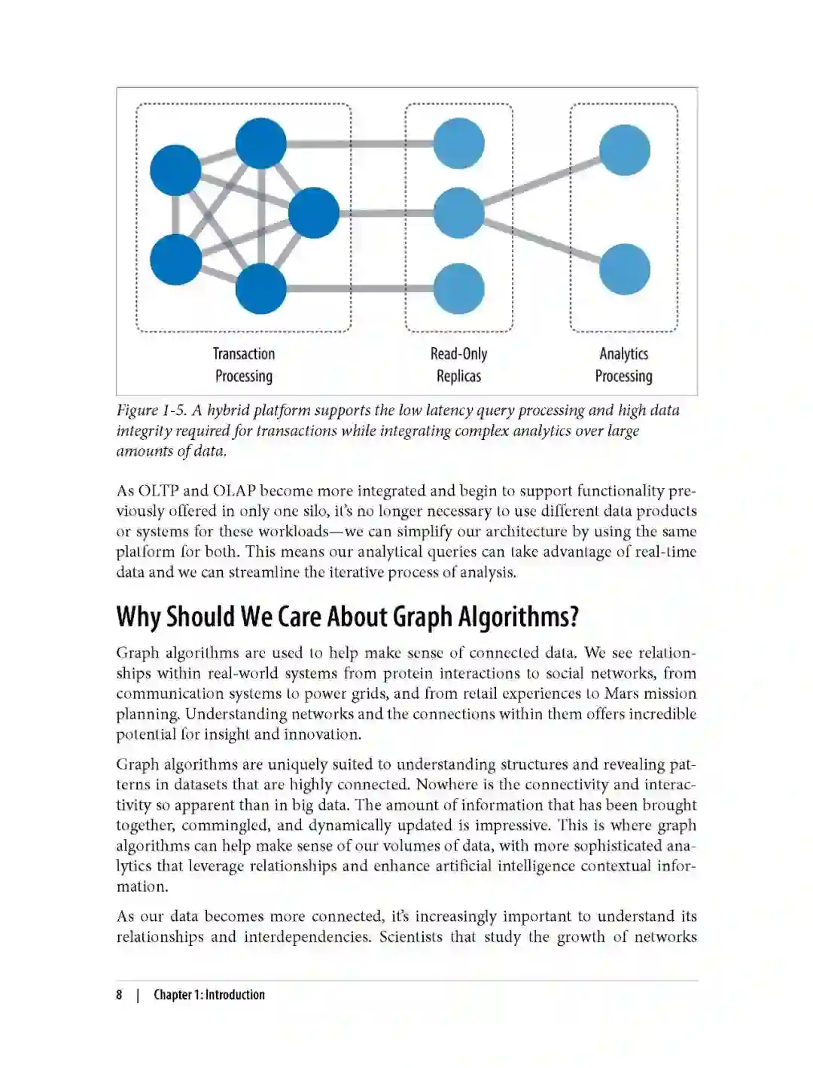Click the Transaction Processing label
(x=243, y=365)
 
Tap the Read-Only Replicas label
(x=458, y=365)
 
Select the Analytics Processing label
(x=623, y=365)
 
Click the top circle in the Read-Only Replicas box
(x=458, y=144)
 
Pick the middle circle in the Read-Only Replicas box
(x=458, y=213)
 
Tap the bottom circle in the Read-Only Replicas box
(x=458, y=288)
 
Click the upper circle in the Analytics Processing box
(x=624, y=151)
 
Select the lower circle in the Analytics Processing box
(x=624, y=269)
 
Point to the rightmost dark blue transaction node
(x=314, y=213)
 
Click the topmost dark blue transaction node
(x=261, y=143)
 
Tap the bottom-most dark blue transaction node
(x=261, y=288)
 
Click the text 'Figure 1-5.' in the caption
(x=151, y=410)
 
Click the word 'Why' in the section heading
(x=139, y=617)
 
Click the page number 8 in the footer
(x=119, y=995)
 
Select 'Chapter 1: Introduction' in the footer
(x=209, y=995)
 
